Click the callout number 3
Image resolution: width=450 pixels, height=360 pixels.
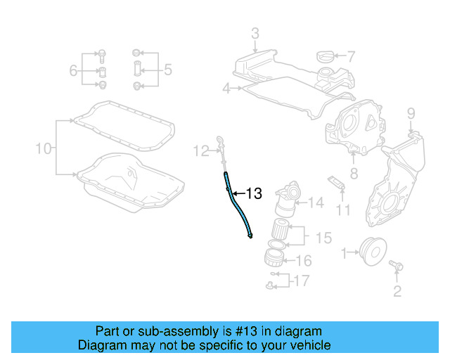[x=255, y=32]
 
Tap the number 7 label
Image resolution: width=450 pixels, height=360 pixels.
[x=351, y=56]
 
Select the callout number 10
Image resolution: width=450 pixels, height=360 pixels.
[x=44, y=148]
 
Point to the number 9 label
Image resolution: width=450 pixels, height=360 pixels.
[x=411, y=113]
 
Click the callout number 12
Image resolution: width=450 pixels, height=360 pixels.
[x=202, y=150]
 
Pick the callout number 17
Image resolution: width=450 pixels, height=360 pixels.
[x=301, y=281]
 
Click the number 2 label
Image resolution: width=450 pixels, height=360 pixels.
[x=397, y=291]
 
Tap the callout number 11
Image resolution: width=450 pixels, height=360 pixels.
[x=342, y=210]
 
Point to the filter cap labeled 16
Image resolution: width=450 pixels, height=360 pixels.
[x=274, y=257]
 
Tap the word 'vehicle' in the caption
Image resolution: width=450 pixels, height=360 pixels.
[x=309, y=345]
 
